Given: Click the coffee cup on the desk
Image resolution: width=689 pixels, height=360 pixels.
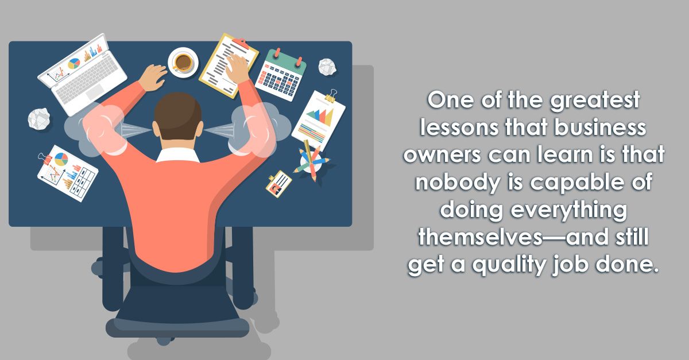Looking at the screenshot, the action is tap(183, 62).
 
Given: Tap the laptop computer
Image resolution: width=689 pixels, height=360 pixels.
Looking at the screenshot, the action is tap(82, 74).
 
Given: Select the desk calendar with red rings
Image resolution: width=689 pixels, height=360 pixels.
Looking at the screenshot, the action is tap(281, 75).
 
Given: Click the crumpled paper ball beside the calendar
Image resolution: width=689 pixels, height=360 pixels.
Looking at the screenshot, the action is tap(327, 67).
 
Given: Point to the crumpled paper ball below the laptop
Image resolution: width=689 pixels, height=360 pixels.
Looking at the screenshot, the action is tap(39, 118).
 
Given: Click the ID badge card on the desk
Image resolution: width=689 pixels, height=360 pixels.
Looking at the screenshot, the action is tap(278, 184).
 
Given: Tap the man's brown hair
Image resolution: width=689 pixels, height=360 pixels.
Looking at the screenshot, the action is tap(178, 115).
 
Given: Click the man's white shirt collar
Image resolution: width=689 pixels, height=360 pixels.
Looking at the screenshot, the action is tap(178, 155).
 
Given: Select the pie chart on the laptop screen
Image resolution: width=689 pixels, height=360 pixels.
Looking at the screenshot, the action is tap(74, 64).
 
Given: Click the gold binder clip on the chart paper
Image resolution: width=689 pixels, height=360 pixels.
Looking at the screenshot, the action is tap(331, 96).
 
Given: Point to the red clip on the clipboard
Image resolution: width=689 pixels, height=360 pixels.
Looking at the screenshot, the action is tap(241, 44).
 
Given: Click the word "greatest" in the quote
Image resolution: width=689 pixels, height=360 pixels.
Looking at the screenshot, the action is tap(595, 100).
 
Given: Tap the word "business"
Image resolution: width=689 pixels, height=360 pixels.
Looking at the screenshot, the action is tap(600, 127).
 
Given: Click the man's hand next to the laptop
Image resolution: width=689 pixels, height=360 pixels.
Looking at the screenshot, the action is tap(152, 78).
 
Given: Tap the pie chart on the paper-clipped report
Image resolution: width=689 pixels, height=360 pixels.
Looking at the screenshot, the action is tap(61, 159).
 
